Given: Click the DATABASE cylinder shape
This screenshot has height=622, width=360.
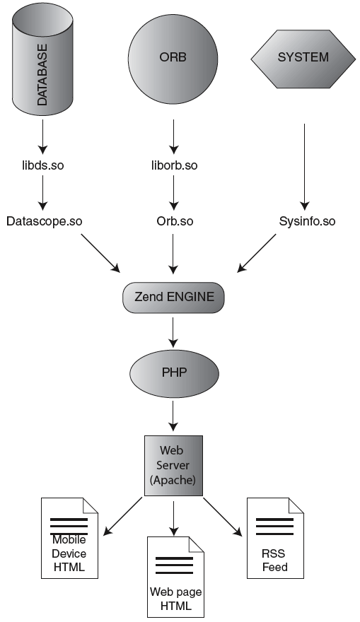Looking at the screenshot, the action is pyautogui.click(x=42, y=59).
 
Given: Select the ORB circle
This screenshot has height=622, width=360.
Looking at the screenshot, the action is pyautogui.click(x=173, y=59).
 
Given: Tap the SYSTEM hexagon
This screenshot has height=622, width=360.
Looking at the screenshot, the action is pyautogui.click(x=303, y=59).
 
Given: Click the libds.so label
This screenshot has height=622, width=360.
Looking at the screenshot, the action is pyautogui.click(x=43, y=165).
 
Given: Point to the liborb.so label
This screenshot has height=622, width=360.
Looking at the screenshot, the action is pyautogui.click(x=174, y=165).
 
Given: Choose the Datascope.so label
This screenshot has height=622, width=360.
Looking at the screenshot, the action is pyautogui.click(x=44, y=221).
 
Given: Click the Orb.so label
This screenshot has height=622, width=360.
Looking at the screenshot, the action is pyautogui.click(x=175, y=221).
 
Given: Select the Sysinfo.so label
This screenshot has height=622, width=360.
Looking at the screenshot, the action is pyautogui.click(x=307, y=221).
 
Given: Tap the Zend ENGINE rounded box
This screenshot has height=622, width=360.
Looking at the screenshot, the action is pyautogui.click(x=173, y=298).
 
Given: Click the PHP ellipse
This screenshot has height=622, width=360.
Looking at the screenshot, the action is pyautogui.click(x=174, y=373).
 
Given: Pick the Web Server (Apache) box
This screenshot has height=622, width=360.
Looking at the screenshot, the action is pyautogui.click(x=173, y=466).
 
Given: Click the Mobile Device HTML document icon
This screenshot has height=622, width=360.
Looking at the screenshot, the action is pyautogui.click(x=69, y=539).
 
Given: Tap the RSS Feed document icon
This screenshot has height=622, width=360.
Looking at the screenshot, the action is pyautogui.click(x=275, y=539).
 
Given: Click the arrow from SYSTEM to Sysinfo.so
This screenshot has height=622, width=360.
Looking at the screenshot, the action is pyautogui.click(x=304, y=167).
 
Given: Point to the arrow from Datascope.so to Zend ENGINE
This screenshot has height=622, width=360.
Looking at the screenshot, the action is pyautogui.click(x=101, y=253).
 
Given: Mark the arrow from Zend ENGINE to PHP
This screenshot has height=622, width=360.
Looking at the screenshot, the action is pyautogui.click(x=173, y=332).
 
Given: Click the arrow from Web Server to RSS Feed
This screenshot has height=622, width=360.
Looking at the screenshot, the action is pyautogui.click(x=223, y=517).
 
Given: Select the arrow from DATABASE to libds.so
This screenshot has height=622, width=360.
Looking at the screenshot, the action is pyautogui.click(x=43, y=137).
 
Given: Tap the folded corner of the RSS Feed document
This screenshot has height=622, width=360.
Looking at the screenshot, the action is pyautogui.click(x=296, y=505).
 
